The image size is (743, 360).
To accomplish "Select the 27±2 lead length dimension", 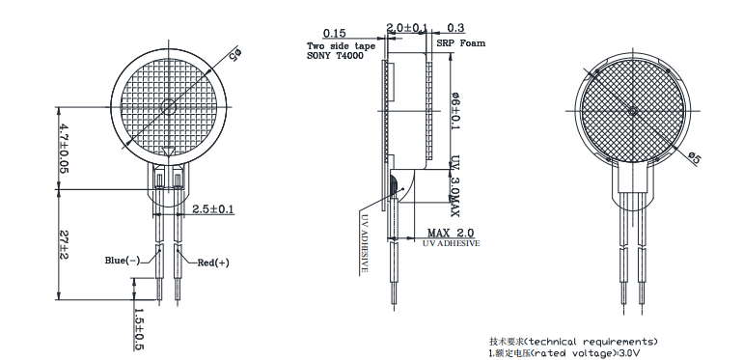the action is click(64, 244).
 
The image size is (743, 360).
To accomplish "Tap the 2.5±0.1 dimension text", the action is click(212, 209).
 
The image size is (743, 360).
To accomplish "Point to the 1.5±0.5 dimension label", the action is click(139, 329).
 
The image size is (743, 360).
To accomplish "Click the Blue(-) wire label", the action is click(123, 260).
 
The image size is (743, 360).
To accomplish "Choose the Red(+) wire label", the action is click(213, 263).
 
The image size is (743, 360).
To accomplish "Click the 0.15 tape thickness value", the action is click(334, 33).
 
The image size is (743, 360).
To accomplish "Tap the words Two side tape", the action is click(342, 46).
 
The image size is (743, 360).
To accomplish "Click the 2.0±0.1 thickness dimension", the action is click(407, 28).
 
